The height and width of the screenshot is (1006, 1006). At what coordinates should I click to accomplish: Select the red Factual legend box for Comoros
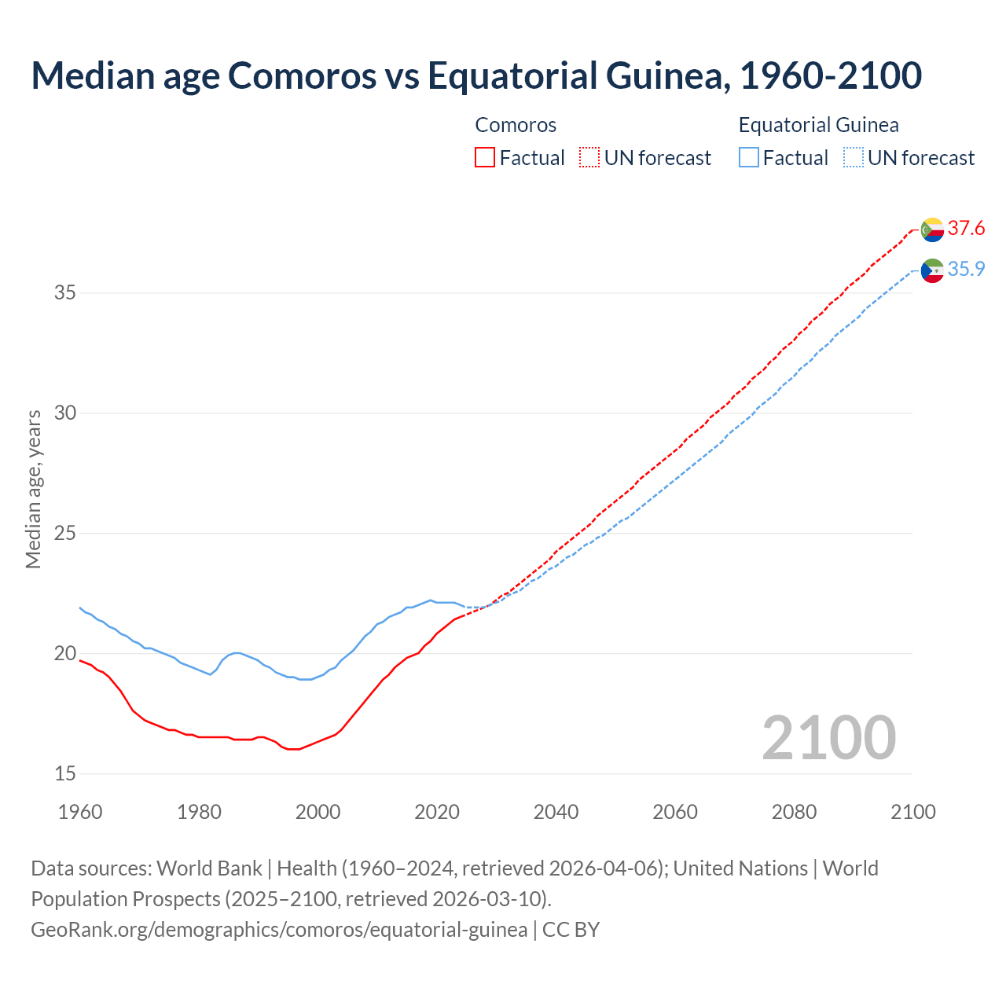pos(485,158)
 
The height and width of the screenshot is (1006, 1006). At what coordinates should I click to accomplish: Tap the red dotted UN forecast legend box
pos(589,158)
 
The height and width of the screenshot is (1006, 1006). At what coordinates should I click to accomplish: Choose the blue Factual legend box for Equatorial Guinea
pos(749,158)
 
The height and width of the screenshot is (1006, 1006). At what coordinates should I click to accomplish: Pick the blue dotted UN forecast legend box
pos(853,158)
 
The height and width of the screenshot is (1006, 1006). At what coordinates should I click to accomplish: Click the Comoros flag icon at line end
pos(932,229)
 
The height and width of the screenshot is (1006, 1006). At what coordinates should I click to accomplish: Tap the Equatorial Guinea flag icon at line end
pos(932,270)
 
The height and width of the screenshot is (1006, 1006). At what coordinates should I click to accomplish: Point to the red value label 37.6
pos(966,229)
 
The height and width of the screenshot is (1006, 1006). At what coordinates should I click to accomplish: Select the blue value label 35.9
pos(966,270)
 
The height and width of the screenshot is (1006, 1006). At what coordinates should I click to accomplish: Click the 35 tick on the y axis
pos(65,293)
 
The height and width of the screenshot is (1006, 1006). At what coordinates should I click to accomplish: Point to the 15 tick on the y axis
pos(65,774)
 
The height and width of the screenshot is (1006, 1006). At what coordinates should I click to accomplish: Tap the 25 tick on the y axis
pos(65,534)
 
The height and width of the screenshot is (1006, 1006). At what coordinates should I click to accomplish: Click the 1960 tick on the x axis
pos(80,812)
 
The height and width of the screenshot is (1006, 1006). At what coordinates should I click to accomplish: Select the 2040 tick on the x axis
pos(556,812)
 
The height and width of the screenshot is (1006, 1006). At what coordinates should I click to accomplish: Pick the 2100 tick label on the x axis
pos(912,812)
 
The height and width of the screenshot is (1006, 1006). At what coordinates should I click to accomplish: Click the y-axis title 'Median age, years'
pos(33,489)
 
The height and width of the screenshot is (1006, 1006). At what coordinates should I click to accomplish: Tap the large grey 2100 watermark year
pos(828,738)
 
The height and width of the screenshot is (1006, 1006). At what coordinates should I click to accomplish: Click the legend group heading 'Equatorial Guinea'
pos(818,125)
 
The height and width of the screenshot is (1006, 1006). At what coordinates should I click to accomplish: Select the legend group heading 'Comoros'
pos(516,125)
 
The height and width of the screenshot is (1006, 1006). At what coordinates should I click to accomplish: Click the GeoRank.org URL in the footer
pos(279,930)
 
